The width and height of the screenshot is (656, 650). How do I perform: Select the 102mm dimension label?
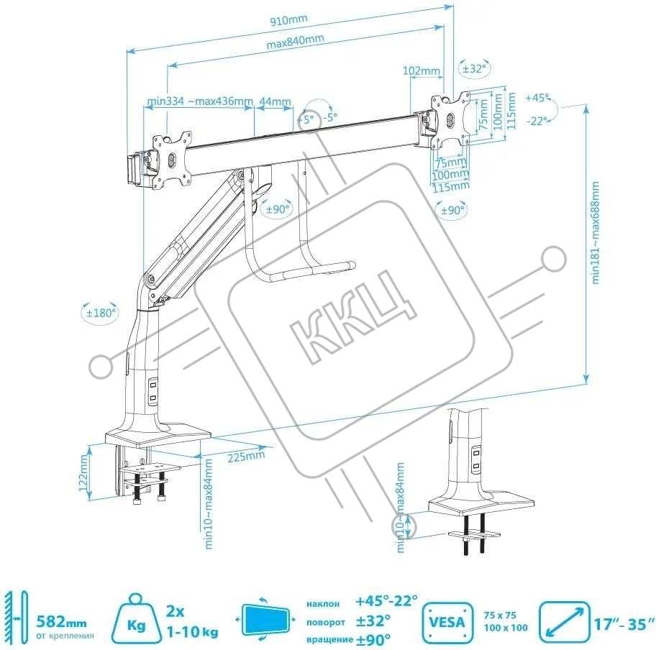click(x=421, y=70)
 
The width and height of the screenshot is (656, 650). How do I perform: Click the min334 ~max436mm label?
click(x=199, y=101)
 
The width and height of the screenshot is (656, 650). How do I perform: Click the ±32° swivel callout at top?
click(x=473, y=69)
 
